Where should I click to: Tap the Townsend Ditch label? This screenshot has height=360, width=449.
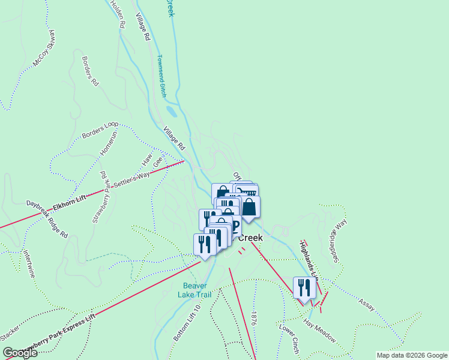pos(161,76)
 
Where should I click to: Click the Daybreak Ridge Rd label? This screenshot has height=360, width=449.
pos(46,219)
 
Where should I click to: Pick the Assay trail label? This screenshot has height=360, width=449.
pos(367,305)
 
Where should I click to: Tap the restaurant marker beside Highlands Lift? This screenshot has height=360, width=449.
pos(304,287)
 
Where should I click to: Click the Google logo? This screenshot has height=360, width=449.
pos(20,353)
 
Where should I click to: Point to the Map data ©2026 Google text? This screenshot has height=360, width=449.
pos(411,355)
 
